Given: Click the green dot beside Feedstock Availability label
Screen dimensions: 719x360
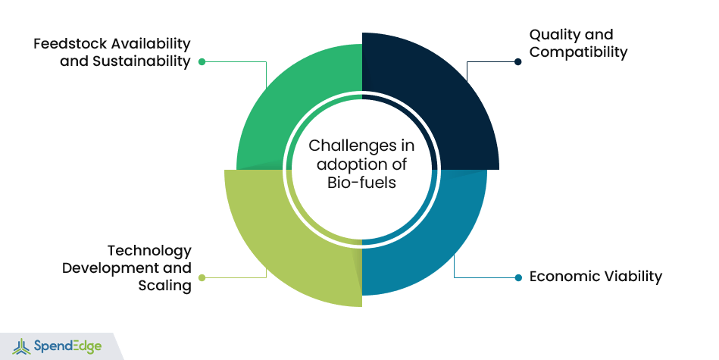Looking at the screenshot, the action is point(202,61).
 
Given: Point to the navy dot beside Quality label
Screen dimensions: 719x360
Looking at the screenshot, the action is point(517,61).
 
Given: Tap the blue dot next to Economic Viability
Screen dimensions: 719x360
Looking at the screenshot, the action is point(518,277).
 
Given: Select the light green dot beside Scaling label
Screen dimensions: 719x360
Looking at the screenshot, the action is point(202,277).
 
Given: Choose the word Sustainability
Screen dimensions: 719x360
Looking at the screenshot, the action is point(141,61).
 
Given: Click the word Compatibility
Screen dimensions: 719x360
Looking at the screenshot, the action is point(578,52).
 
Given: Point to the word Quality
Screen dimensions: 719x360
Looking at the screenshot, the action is point(552,36).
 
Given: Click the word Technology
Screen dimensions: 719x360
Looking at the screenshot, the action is point(149,252).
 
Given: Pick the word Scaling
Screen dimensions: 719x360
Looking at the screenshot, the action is point(164,286).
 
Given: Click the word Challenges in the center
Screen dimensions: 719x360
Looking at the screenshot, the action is point(349,146).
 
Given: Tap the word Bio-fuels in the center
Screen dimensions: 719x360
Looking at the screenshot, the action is point(362,183).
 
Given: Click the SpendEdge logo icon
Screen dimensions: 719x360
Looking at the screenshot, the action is point(21,346).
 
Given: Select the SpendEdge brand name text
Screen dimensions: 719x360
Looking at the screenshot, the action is point(68,346).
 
